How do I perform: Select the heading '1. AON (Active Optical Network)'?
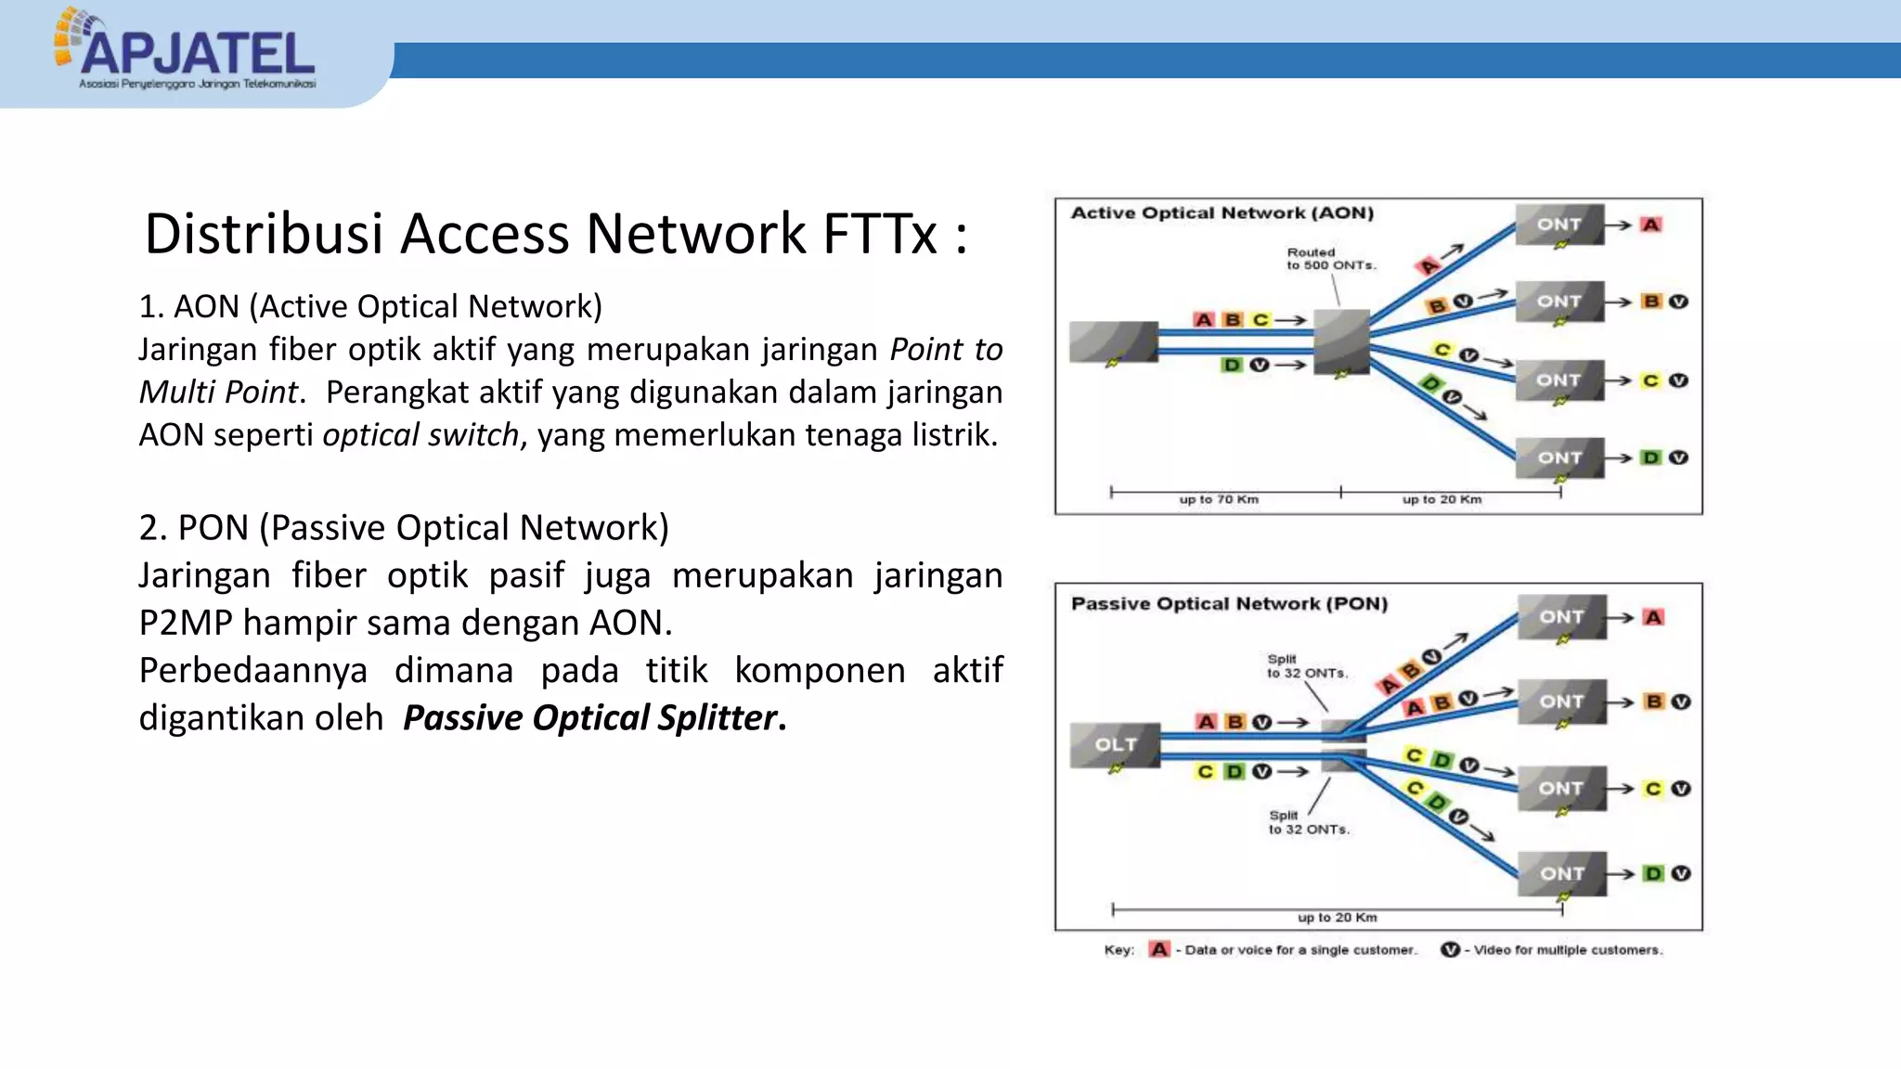(x=370, y=306)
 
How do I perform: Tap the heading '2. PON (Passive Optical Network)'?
(x=404, y=527)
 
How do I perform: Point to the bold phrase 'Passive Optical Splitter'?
(x=590, y=717)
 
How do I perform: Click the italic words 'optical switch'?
(x=420, y=434)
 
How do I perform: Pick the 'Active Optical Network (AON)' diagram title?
(x=1222, y=213)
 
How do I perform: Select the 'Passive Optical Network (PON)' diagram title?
(x=1229, y=603)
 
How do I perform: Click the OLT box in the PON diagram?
(x=1115, y=745)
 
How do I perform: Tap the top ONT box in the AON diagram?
(x=1559, y=225)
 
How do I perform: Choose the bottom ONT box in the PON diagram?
(x=1562, y=873)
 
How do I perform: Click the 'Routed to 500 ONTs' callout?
(x=1330, y=259)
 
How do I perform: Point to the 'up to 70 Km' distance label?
(x=1219, y=499)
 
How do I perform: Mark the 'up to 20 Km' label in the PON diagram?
(x=1337, y=917)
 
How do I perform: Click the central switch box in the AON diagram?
(x=1341, y=341)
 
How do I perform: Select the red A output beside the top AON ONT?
(x=1650, y=225)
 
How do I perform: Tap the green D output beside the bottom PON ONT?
(x=1653, y=873)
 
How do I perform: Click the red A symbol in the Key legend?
(x=1159, y=949)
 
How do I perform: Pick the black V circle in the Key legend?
(x=1450, y=949)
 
